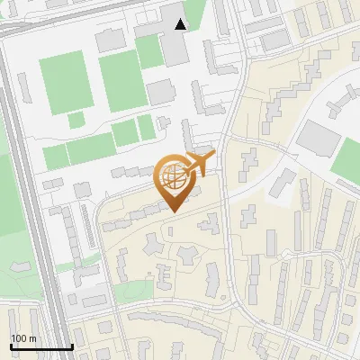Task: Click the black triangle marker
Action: click(x=181, y=24)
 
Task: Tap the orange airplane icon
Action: click(x=199, y=164)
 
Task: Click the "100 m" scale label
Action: click(x=23, y=338)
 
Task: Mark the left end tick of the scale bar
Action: click(x=11, y=346)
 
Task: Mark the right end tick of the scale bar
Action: click(x=72, y=346)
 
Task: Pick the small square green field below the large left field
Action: click(x=76, y=119)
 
